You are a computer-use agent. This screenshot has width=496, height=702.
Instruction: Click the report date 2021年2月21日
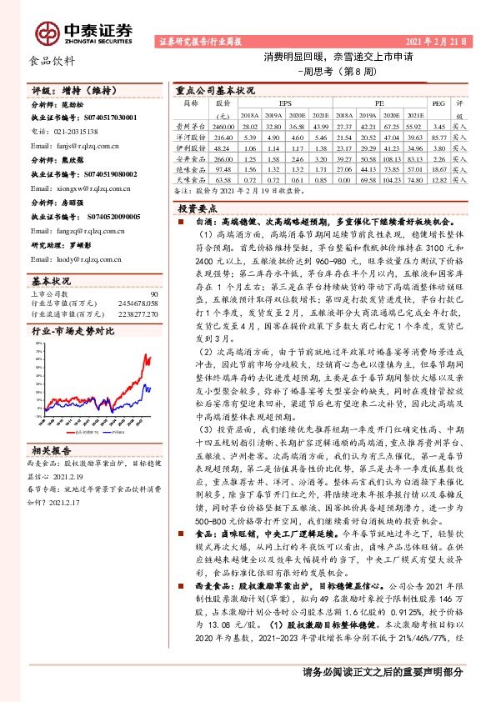[x=446, y=41]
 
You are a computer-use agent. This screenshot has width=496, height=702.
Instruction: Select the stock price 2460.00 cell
[x=222, y=123]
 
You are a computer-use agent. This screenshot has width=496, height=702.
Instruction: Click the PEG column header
[x=438, y=104]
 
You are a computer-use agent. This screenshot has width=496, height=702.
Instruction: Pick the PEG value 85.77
[x=438, y=134]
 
